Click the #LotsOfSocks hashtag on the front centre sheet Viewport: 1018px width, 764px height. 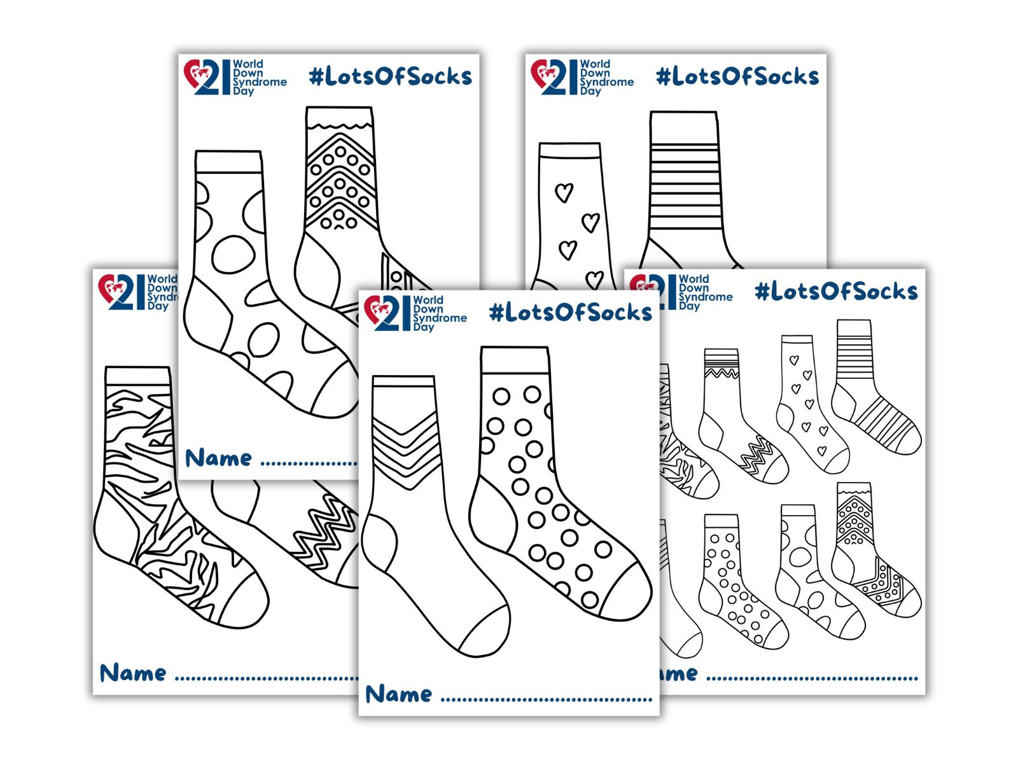(x=571, y=312)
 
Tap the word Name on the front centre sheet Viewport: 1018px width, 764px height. (x=399, y=694)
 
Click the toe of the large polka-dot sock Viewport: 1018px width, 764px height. (x=627, y=592)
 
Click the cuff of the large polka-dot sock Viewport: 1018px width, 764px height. (x=515, y=360)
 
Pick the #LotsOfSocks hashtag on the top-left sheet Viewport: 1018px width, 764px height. (x=390, y=76)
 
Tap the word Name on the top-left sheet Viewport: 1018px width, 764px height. (x=218, y=458)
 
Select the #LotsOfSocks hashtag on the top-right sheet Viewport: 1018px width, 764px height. (x=737, y=76)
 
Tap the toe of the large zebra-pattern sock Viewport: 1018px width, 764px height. (x=245, y=598)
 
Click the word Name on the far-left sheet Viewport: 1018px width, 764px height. (x=133, y=673)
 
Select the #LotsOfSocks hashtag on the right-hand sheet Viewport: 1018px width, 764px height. (x=836, y=292)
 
